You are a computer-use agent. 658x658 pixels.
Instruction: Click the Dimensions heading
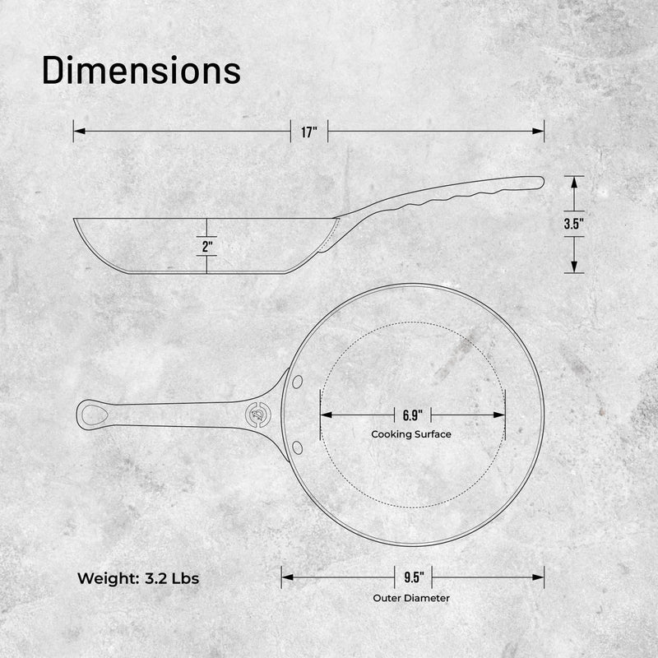point(141,71)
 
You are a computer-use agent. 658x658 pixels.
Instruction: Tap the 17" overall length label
point(309,132)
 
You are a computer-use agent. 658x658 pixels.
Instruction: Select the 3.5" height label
point(573,224)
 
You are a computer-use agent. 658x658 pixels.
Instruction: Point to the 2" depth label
point(207,246)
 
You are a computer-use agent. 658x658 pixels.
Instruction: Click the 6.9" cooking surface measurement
point(413,415)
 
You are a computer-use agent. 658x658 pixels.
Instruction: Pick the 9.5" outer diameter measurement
point(414,577)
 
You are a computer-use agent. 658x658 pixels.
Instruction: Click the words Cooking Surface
point(411,434)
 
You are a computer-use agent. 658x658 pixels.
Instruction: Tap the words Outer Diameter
point(411,598)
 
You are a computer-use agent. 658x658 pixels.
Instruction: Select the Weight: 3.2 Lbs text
point(138,578)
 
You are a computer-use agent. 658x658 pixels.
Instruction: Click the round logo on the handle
point(258,415)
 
